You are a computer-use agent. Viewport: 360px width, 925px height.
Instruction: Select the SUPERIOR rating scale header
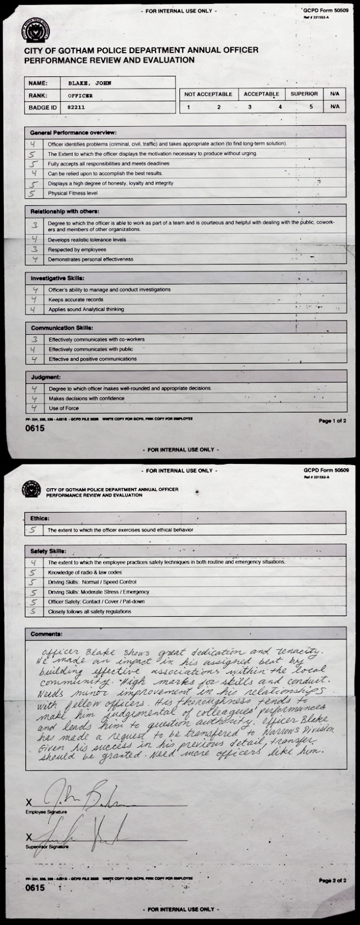(x=304, y=94)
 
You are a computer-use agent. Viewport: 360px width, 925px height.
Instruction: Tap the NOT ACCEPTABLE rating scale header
(x=208, y=94)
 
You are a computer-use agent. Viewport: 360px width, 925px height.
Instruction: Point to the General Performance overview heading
(x=73, y=133)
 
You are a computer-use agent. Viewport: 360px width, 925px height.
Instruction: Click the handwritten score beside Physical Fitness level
(x=34, y=194)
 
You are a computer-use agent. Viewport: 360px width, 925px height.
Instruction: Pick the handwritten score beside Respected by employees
(x=34, y=250)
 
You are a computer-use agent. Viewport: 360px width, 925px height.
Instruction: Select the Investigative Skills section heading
(x=58, y=278)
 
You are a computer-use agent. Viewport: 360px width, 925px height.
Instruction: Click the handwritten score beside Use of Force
(x=34, y=408)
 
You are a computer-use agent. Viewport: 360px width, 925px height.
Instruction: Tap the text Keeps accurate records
(x=75, y=299)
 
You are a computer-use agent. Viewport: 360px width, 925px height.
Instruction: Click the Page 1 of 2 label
(x=332, y=421)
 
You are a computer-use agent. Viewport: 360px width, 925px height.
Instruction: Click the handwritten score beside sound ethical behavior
(x=34, y=530)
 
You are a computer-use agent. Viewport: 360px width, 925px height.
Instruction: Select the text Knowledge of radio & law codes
(x=85, y=572)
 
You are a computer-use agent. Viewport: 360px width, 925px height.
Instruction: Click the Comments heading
(x=46, y=634)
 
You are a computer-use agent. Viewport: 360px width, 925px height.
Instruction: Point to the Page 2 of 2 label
(x=332, y=880)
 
